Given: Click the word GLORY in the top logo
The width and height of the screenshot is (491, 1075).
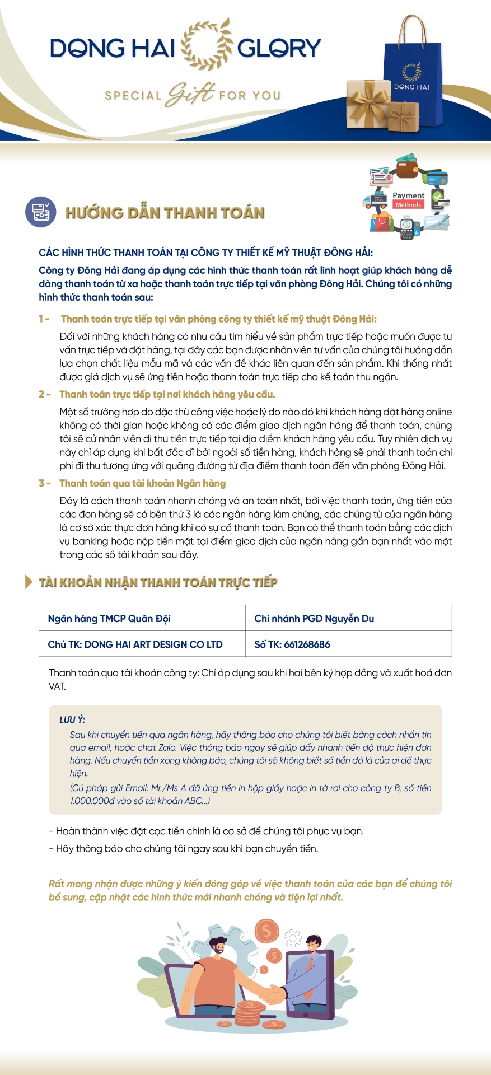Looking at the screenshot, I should (279, 48).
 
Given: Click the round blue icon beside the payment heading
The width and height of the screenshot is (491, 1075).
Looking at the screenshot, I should (41, 212).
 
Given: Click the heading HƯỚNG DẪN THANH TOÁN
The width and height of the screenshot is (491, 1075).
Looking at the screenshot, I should (165, 213).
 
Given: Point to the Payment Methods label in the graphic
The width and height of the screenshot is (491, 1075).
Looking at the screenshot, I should (408, 200).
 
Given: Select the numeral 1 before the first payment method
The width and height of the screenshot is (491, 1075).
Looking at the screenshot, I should (41, 319).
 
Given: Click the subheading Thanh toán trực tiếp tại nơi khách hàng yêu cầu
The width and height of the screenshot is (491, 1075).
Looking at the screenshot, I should (167, 394).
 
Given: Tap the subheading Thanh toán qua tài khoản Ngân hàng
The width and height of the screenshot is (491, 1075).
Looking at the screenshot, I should (142, 483).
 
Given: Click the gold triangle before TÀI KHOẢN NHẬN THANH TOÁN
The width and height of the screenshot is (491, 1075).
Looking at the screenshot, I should (29, 582).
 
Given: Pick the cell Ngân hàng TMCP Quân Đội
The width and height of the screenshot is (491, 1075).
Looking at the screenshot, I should (109, 618).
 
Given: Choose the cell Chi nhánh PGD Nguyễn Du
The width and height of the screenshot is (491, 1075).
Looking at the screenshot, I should (314, 618).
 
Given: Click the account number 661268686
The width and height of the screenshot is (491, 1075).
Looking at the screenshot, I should (307, 644).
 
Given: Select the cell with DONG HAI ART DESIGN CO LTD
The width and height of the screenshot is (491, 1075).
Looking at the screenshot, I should (135, 644).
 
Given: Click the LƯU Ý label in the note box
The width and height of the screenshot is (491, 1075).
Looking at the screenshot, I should (72, 719).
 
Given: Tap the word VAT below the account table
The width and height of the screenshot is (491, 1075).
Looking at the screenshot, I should (57, 686).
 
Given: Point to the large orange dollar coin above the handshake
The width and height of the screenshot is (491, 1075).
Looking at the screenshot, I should (266, 931).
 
